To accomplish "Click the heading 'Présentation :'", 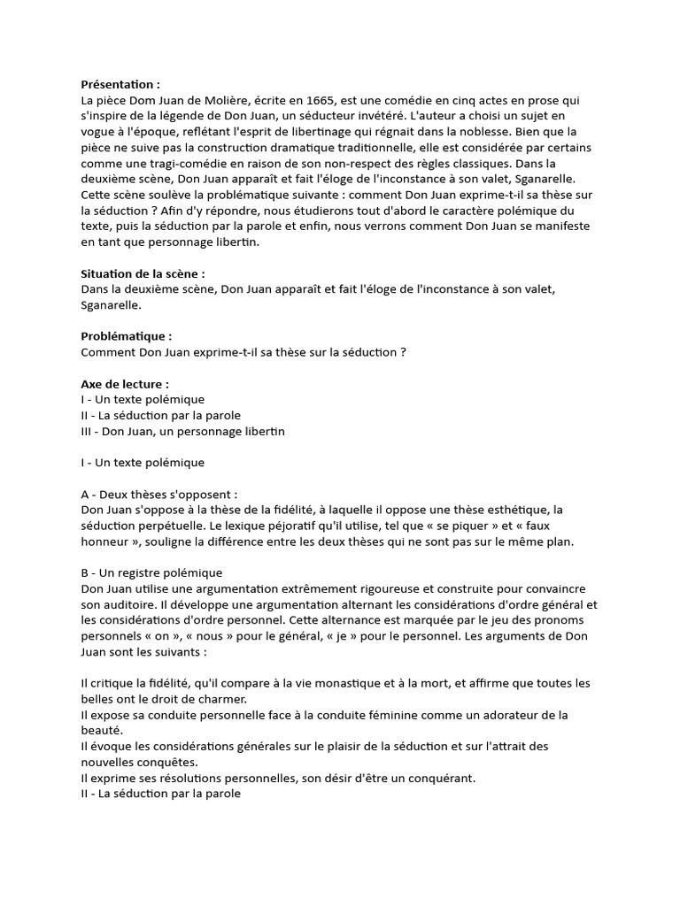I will click(120, 85).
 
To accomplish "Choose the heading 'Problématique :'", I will click(126, 336).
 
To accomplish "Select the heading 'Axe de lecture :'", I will click(124, 384).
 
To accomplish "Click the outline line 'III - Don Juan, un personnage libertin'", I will click(182, 432).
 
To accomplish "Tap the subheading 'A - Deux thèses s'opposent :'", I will click(158, 494).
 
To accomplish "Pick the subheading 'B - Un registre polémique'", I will click(151, 572).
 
